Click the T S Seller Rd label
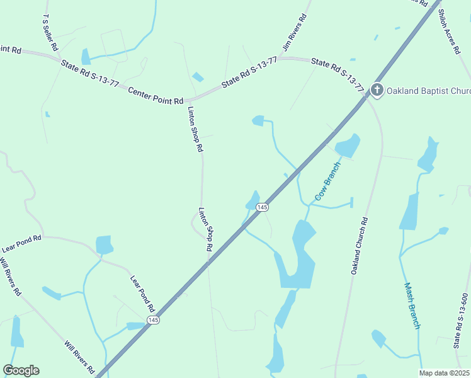(50, 33)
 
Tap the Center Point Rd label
(156, 96)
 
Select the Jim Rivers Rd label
(294, 33)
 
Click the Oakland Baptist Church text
(428, 91)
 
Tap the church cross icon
(377, 90)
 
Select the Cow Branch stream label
(327, 181)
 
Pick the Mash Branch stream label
(412, 305)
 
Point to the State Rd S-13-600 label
(461, 321)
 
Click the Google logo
(21, 370)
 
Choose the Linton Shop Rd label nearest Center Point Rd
(195, 129)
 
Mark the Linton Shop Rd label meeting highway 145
(206, 230)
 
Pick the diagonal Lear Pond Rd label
(142, 294)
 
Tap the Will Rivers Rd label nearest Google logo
(79, 357)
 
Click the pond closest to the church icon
(347, 146)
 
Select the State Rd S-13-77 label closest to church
(338, 74)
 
